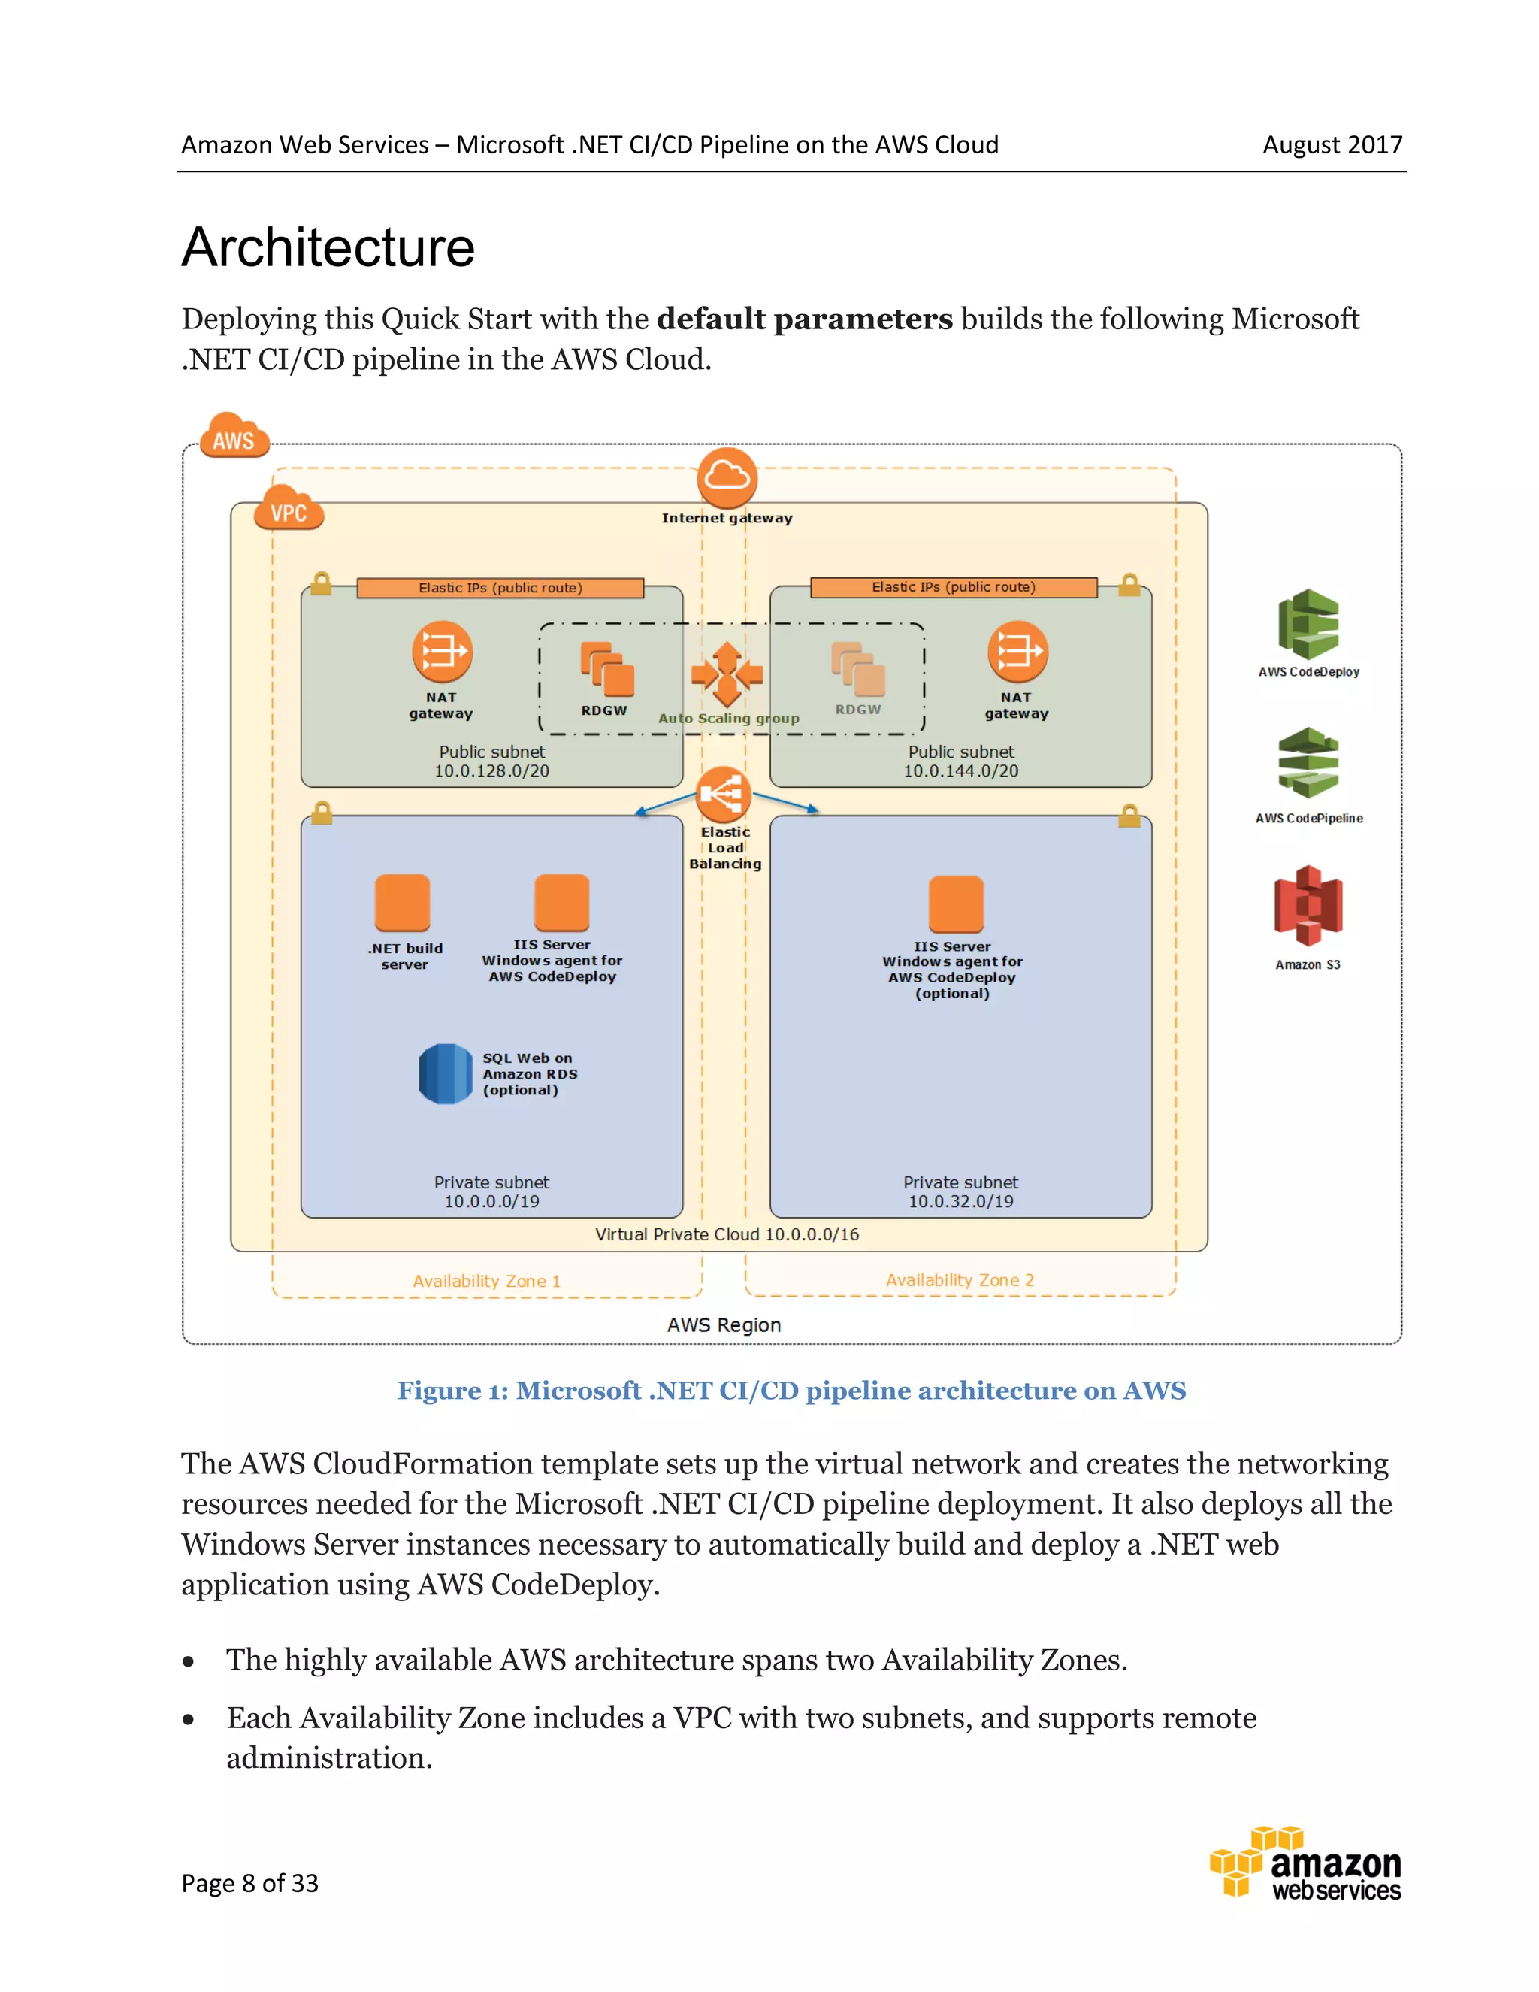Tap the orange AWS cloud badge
tap(234, 437)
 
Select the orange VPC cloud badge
tap(289, 509)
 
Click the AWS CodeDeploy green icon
tap(1308, 624)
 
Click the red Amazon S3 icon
tap(1308, 905)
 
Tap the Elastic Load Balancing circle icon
tap(723, 794)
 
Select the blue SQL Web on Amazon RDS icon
tap(445, 1073)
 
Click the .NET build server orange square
tap(402, 903)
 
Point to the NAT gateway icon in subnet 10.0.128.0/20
tap(442, 651)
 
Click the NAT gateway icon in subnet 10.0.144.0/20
tap(1017, 651)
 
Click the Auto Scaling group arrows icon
tap(727, 675)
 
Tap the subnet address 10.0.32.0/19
tap(960, 1201)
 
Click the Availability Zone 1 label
tap(486, 1281)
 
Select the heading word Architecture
tap(328, 247)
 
